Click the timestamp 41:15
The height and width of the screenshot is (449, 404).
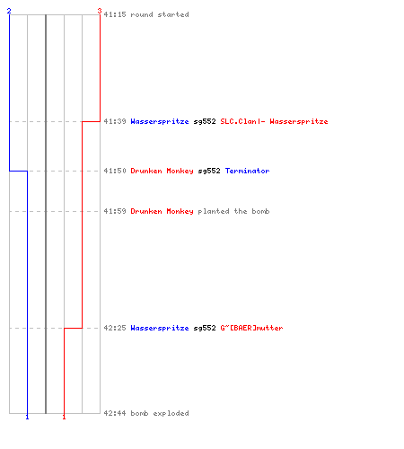(x=115, y=14)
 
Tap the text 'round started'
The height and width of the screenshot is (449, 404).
(x=160, y=14)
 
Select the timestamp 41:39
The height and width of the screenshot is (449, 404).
(x=115, y=121)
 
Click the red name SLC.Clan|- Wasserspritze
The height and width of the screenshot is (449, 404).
(x=274, y=121)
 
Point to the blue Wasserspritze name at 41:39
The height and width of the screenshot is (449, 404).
(x=160, y=121)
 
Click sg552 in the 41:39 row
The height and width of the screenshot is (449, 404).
(x=205, y=121)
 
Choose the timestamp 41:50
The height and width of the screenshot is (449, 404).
(x=115, y=171)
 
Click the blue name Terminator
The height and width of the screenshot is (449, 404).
(x=248, y=171)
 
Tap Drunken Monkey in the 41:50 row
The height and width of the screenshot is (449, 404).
(x=162, y=171)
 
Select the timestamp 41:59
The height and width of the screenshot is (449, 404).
(x=115, y=211)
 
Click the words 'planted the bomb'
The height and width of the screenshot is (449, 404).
(x=233, y=211)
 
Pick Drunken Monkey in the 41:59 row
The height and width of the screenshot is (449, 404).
(x=162, y=211)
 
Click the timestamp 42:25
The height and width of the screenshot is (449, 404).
(x=115, y=328)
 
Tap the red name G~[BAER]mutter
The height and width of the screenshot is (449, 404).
(x=251, y=328)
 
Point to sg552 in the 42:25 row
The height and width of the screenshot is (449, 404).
(x=205, y=328)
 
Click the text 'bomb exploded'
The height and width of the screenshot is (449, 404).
(x=160, y=413)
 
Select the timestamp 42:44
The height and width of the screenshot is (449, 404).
(x=115, y=413)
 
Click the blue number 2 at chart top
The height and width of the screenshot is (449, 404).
(x=9, y=11)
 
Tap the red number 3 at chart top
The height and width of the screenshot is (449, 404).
(x=100, y=11)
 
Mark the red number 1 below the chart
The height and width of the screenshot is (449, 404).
(x=64, y=417)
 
